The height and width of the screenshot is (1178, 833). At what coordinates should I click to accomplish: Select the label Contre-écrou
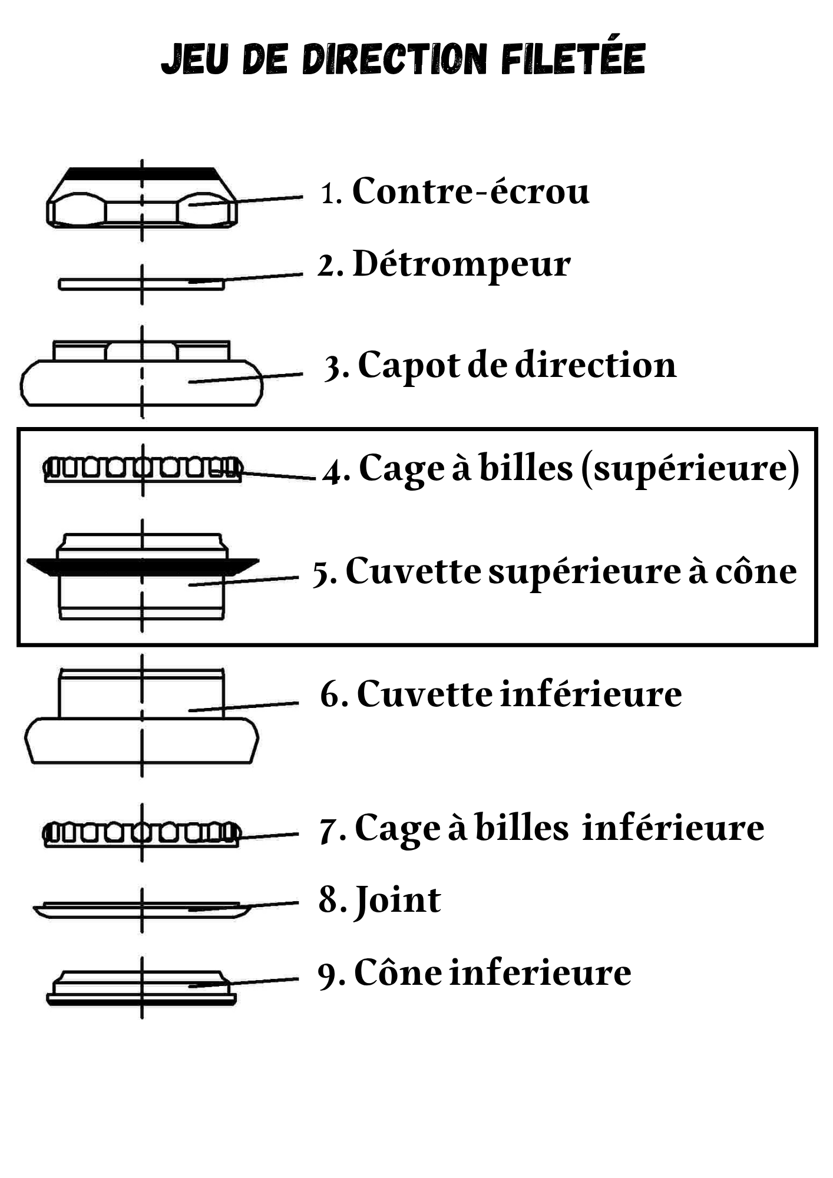coord(470,191)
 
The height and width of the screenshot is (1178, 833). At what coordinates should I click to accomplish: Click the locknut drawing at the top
coord(141,198)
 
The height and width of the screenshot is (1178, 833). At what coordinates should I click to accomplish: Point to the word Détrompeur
coord(461,264)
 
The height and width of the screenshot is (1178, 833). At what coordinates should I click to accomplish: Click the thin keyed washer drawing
coord(141,284)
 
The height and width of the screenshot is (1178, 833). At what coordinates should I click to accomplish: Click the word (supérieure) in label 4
coord(690,469)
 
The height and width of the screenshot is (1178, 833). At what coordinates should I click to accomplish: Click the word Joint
coord(398,901)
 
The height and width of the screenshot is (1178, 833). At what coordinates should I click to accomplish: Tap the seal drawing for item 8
coord(141,909)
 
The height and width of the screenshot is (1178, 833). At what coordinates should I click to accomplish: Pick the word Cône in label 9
coord(398,973)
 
